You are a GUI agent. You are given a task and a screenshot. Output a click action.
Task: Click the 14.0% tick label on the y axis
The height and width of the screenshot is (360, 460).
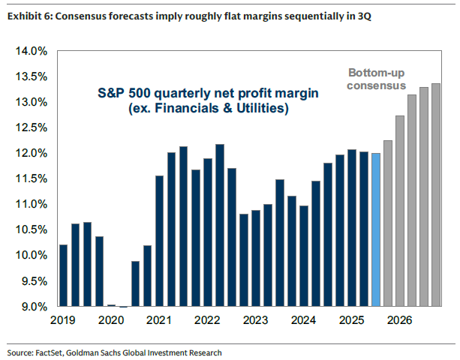click(x=31, y=52)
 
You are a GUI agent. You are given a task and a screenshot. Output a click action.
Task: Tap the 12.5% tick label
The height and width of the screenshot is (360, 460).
click(x=31, y=128)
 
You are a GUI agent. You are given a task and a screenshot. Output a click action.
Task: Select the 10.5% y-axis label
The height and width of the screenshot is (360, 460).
click(x=31, y=230)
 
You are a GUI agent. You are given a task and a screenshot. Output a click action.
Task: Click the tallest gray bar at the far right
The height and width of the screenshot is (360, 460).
click(x=436, y=195)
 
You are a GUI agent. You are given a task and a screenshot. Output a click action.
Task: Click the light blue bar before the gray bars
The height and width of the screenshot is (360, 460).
click(x=375, y=229)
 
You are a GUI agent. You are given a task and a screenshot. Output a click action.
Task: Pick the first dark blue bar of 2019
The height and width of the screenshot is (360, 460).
click(x=63, y=275)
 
